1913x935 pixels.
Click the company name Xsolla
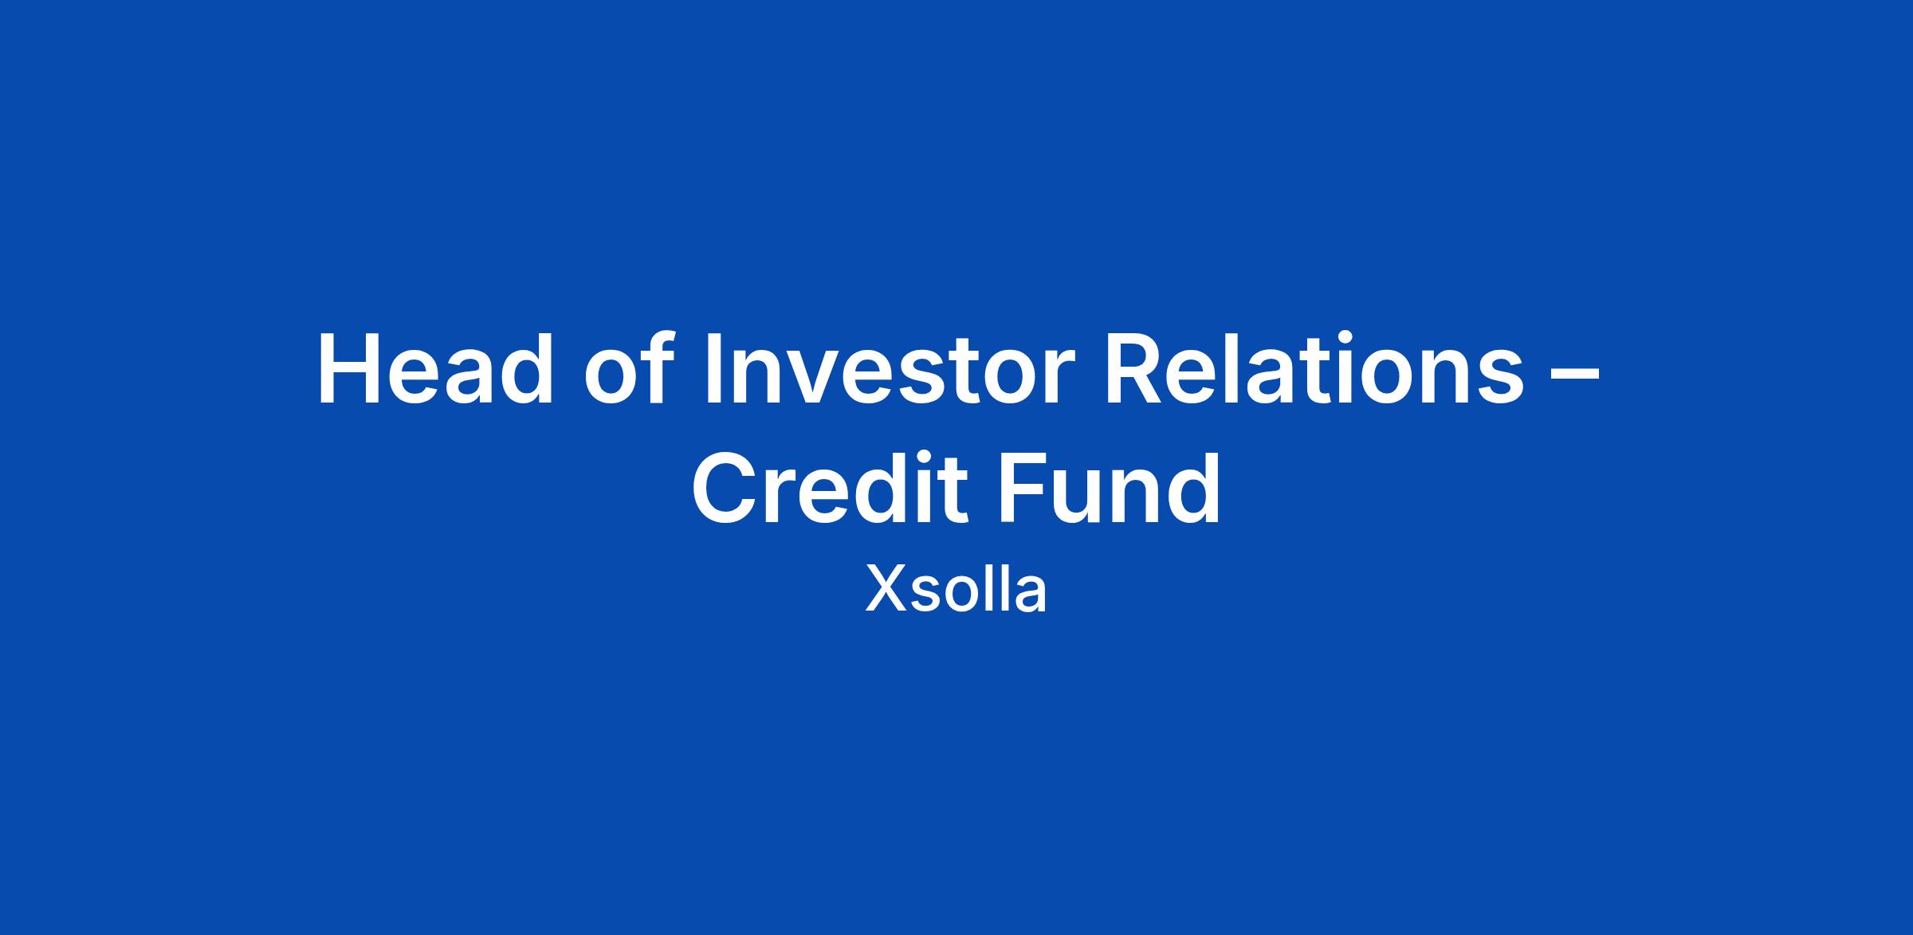(956, 590)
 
